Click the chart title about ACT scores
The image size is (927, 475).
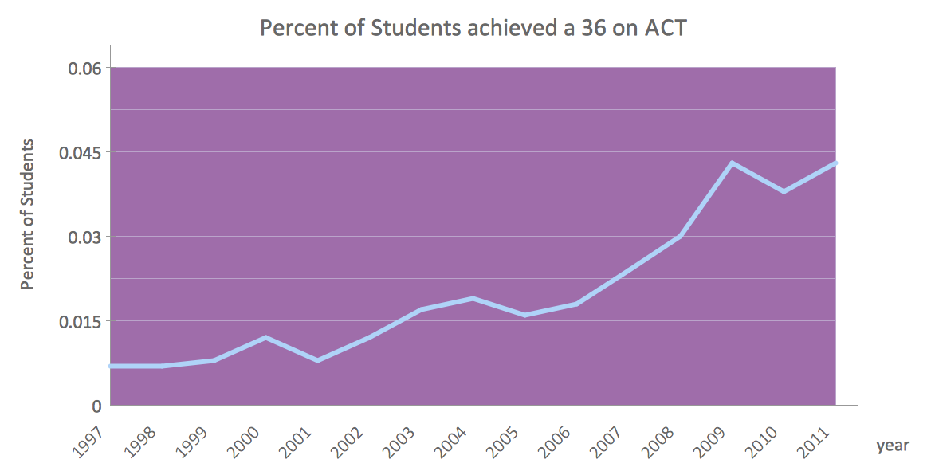coord(473,29)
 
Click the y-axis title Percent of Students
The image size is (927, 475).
coord(28,214)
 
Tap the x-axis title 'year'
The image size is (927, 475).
coord(892,446)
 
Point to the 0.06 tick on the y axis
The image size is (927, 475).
coord(84,68)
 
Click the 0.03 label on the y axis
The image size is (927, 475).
coord(84,237)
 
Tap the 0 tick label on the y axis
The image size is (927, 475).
coord(96,406)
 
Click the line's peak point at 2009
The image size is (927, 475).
coord(732,163)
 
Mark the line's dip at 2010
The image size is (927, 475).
coord(784,191)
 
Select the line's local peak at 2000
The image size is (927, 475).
coord(265,338)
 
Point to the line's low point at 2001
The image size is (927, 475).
coord(317,360)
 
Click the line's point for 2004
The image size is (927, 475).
coord(473,299)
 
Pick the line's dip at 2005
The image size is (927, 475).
coord(524,316)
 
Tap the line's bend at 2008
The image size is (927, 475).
coord(680,237)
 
